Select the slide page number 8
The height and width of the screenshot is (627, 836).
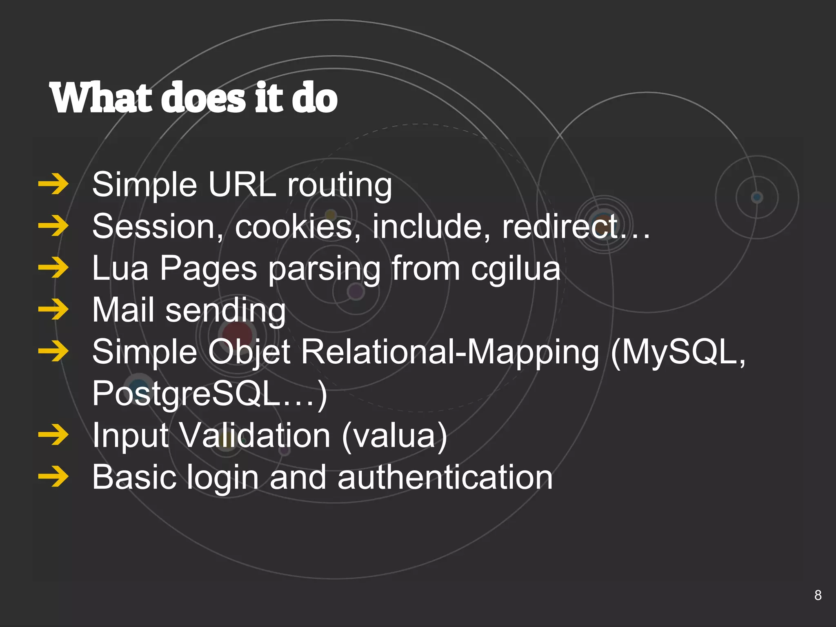[x=818, y=595]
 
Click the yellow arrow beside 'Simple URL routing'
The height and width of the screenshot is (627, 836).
[x=53, y=185]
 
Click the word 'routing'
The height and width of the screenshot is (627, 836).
[x=340, y=186]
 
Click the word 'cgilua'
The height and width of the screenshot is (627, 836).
[x=516, y=269]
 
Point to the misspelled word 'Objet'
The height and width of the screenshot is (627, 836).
[x=249, y=352]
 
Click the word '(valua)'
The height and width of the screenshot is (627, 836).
[x=394, y=436]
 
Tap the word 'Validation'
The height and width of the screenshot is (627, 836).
[x=255, y=435]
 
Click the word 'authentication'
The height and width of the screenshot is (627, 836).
[x=445, y=478]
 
